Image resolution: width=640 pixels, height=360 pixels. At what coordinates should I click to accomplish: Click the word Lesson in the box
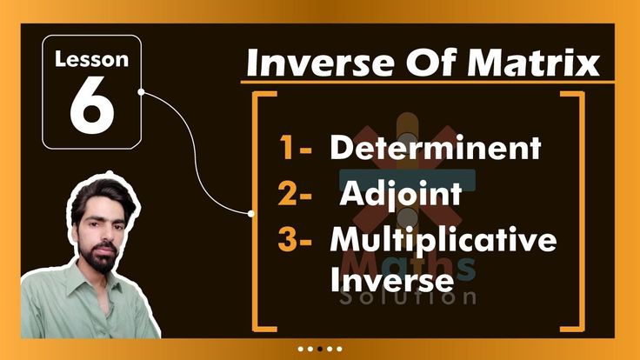(91, 61)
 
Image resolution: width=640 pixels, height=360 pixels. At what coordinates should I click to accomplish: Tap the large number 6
(91, 106)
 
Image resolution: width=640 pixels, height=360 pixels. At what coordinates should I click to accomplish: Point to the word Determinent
(435, 148)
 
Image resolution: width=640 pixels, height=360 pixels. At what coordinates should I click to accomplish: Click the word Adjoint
(400, 193)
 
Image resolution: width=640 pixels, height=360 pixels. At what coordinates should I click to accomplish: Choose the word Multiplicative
(443, 239)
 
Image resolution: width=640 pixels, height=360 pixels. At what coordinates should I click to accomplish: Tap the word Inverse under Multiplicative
(391, 280)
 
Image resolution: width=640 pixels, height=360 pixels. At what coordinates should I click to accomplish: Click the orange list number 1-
(296, 149)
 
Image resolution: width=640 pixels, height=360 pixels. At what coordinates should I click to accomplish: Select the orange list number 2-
(296, 194)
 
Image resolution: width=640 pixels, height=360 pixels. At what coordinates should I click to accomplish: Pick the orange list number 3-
(296, 240)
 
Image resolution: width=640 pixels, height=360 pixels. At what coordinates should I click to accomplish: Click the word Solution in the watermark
(410, 297)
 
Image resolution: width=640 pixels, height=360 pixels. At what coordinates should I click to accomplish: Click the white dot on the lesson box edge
(141, 90)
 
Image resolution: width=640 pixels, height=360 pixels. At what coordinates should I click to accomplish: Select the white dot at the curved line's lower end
(251, 212)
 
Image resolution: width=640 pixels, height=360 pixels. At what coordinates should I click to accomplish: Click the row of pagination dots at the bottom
(319, 348)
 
